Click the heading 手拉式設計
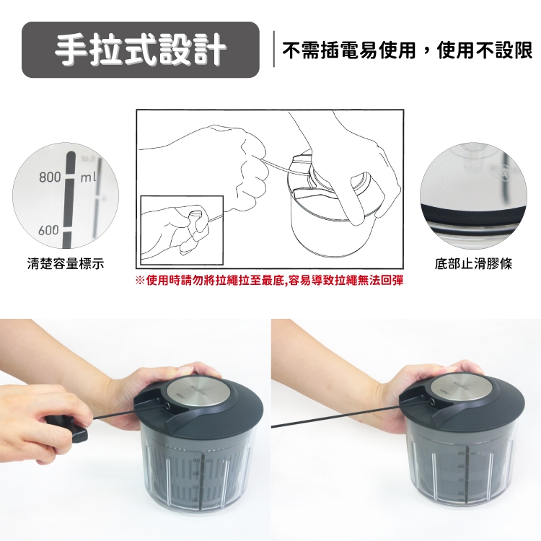click(141, 50)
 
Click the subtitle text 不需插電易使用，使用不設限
click(408, 50)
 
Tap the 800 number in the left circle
click(50, 177)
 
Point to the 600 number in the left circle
click(48, 230)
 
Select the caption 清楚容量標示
click(66, 264)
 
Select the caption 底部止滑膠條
click(473, 264)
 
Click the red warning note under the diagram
click(270, 281)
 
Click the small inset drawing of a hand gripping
click(182, 230)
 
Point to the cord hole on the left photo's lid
click(167, 406)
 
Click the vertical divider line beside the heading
click(274, 49)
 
